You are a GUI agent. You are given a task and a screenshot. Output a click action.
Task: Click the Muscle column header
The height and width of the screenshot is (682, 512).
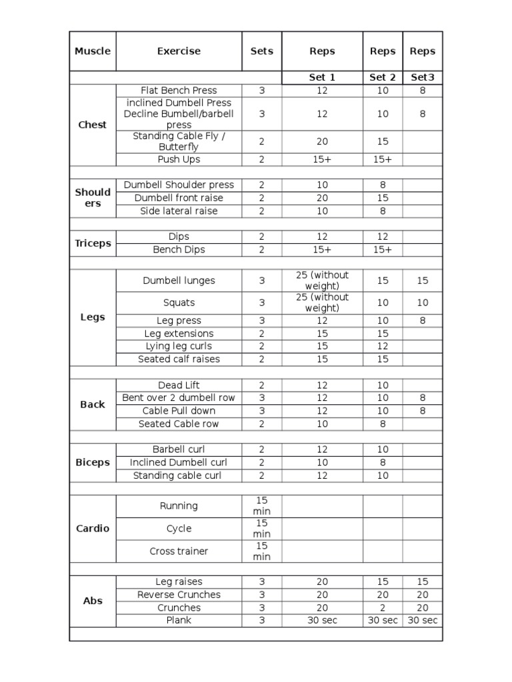click(93, 51)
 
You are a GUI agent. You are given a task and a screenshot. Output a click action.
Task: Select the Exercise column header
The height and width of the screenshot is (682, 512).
click(179, 51)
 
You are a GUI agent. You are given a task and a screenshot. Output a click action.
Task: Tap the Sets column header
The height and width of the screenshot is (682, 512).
click(261, 51)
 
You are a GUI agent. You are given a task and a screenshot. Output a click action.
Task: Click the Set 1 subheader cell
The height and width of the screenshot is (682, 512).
click(322, 77)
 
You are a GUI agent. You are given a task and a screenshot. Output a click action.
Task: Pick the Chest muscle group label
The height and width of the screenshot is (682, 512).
click(93, 125)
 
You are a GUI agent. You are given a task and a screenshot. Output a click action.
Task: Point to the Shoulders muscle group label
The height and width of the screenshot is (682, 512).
click(93, 198)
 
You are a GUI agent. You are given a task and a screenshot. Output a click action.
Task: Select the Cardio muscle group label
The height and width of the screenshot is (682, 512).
click(93, 528)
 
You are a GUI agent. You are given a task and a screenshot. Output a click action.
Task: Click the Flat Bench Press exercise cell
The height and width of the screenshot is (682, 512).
click(179, 90)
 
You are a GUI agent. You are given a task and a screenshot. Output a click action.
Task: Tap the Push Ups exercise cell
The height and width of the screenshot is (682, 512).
click(179, 159)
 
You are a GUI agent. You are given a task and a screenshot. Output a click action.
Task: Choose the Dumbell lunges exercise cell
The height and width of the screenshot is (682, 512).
click(179, 280)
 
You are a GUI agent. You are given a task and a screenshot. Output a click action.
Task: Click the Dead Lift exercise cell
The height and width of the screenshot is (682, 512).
click(179, 385)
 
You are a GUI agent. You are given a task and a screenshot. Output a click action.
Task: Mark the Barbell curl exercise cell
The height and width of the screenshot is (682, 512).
click(179, 450)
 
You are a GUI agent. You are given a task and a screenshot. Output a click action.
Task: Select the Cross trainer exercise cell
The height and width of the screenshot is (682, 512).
click(179, 551)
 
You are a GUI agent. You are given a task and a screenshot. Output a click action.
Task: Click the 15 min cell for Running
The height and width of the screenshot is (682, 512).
click(261, 506)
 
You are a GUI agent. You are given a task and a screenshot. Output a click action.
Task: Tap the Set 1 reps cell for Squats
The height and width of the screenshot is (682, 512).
click(322, 302)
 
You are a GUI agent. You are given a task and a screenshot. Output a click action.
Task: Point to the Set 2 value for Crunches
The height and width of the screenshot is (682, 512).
click(383, 607)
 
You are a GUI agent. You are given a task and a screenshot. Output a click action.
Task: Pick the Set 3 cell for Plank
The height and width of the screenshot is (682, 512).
click(423, 620)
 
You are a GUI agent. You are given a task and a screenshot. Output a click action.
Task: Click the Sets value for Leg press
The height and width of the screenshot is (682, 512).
click(261, 320)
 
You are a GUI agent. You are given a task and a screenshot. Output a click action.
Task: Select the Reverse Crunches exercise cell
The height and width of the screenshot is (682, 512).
click(179, 595)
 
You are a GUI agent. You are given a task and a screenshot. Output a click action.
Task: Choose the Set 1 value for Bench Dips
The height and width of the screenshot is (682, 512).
click(322, 249)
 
